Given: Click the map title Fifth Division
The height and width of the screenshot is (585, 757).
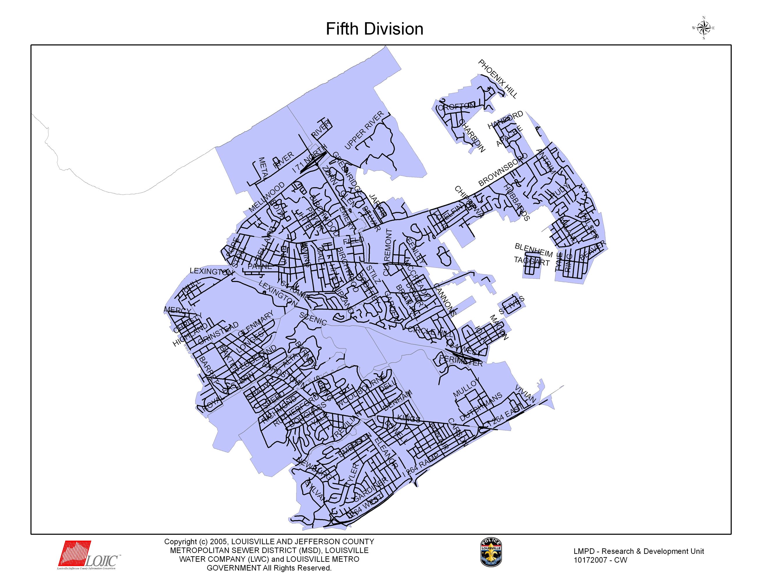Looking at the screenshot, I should [374, 29].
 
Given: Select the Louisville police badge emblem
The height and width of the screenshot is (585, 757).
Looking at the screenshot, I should [491, 552].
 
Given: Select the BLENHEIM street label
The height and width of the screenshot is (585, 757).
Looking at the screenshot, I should [533, 250].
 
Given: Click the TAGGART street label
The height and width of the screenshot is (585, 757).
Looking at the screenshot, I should [531, 261].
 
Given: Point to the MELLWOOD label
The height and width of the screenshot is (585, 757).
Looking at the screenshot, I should [267, 197].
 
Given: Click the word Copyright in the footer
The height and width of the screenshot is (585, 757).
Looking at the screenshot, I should [180, 542].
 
